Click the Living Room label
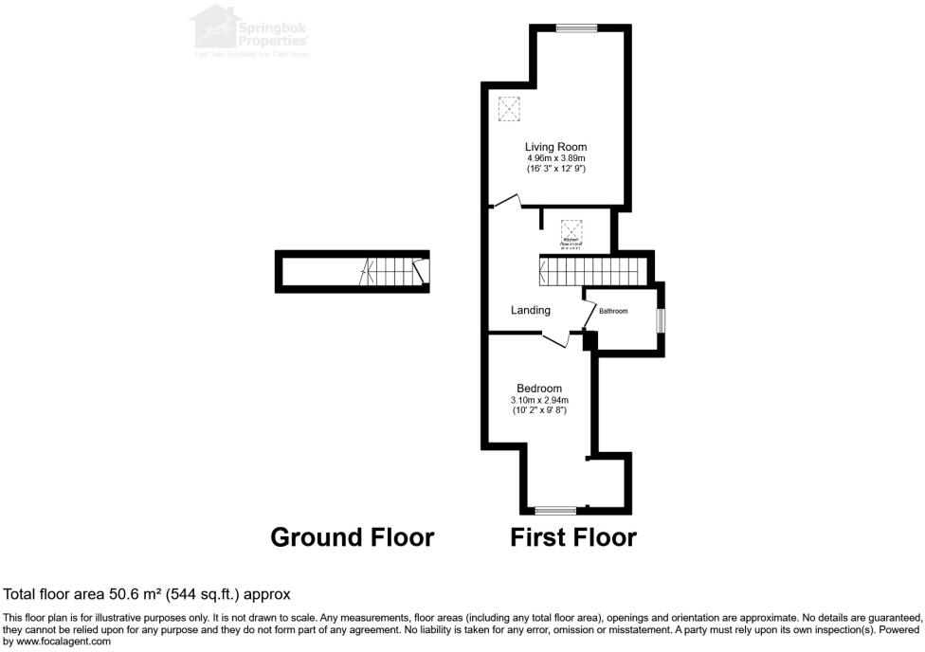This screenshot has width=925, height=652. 556,147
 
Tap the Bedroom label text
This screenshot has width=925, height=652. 538,389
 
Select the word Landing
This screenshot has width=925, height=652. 531,311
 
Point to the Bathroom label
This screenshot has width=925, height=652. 612,311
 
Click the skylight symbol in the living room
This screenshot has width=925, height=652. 510,110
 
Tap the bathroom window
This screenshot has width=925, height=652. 661,320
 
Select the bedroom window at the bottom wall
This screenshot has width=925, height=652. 554,511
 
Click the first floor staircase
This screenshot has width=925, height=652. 592,272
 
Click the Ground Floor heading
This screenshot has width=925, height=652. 353,537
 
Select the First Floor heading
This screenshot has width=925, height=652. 573,537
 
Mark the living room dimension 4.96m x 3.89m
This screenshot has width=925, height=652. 556,158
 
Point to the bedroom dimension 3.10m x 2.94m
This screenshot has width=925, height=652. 538,400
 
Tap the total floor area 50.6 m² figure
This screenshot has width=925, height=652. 147,594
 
